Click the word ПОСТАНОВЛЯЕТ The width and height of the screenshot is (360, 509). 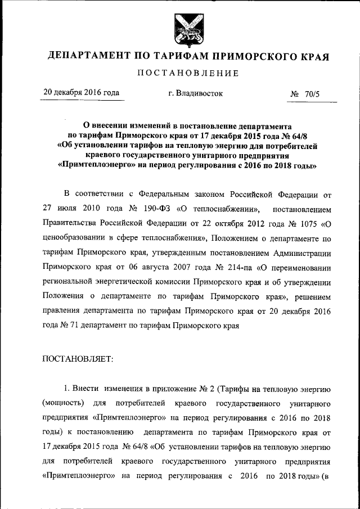pos(78,360)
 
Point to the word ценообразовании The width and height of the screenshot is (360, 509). pos(75,238)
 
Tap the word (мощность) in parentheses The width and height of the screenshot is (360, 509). pos(62,404)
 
